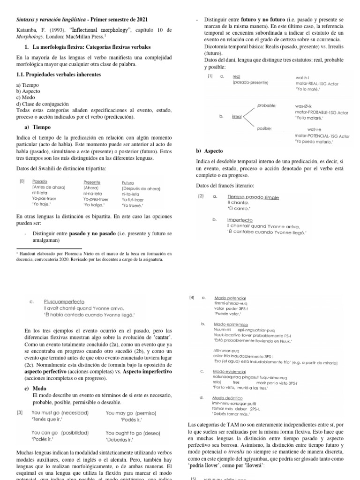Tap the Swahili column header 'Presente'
pos(92,182)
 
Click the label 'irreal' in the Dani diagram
pos(237,116)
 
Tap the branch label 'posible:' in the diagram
pos(265,128)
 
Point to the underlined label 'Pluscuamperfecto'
pos(64,302)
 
